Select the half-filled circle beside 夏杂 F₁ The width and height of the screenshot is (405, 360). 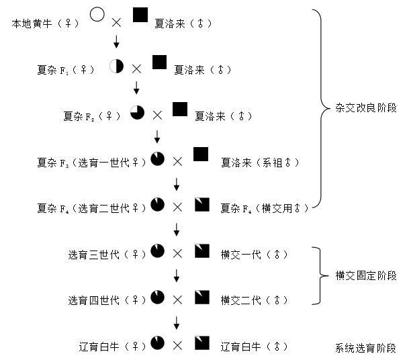pyautogui.click(x=116, y=66)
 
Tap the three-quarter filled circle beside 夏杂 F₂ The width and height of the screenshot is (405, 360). pyautogui.click(x=137, y=112)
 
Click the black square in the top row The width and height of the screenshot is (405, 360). pyautogui.click(x=140, y=15)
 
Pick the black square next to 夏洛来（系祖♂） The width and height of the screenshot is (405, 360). pyautogui.click(x=201, y=154)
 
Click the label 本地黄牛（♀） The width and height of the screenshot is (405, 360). pyautogui.click(x=46, y=24)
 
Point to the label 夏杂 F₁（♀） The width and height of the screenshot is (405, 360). pyautogui.click(x=66, y=70)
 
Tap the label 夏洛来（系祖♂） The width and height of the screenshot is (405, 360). pyautogui.click(x=260, y=163)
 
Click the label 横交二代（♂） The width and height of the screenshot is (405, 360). pyautogui.click(x=254, y=300)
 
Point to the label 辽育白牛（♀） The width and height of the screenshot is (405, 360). pyautogui.click(x=112, y=347)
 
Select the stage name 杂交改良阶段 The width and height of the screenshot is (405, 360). pyautogui.click(x=366, y=107)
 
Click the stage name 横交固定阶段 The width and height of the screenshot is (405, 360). pyautogui.click(x=366, y=275)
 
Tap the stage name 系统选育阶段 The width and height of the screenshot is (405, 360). pyautogui.click(x=366, y=348)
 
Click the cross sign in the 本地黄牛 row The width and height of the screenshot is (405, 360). pyautogui.click(x=116, y=23)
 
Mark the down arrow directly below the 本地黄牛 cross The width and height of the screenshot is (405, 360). pyautogui.click(x=116, y=42)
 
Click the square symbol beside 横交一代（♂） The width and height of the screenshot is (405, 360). pyautogui.click(x=202, y=251)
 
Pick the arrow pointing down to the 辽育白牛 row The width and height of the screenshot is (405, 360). pyautogui.click(x=177, y=322)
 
